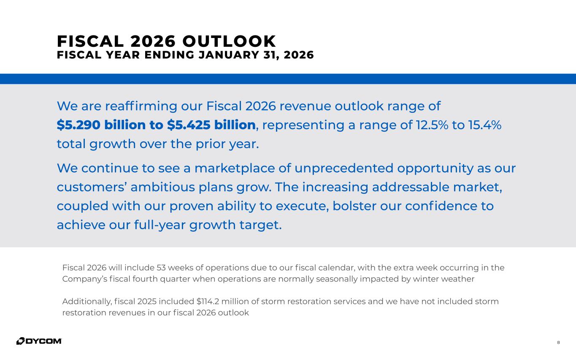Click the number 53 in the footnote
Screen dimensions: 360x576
(x=161, y=268)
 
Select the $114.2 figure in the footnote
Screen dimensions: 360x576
(x=210, y=302)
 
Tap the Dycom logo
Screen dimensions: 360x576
(x=39, y=341)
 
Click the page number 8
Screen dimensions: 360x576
(x=558, y=342)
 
